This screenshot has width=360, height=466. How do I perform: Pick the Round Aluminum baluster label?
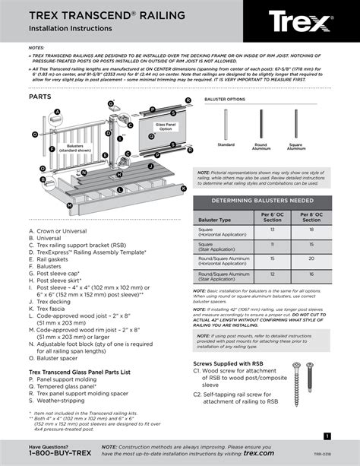(x=261, y=146)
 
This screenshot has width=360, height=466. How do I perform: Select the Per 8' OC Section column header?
(x=311, y=219)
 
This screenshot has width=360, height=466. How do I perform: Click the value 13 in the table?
(x=272, y=232)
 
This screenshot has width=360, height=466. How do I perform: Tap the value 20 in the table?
(x=311, y=259)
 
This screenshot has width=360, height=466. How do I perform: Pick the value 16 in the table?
(x=311, y=274)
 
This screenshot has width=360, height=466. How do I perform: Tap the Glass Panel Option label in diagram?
(x=165, y=127)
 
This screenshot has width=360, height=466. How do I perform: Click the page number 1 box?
(x=327, y=436)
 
